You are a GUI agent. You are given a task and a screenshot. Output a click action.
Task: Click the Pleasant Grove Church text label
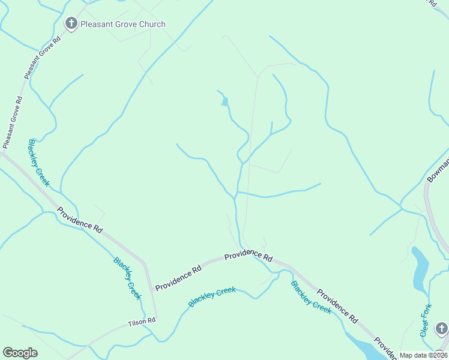point(123,24)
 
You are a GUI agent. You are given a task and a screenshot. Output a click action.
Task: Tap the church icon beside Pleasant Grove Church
point(71,24)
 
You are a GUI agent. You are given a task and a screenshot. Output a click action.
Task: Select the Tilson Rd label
point(142,322)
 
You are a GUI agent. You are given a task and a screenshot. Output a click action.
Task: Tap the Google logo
point(20,353)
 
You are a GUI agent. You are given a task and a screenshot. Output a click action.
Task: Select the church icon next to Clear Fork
point(442,328)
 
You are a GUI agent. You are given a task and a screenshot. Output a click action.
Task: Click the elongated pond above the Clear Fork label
point(420,268)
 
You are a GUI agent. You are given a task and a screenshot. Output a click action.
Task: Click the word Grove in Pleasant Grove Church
point(123,24)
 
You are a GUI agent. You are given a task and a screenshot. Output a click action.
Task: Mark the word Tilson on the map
point(137,322)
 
